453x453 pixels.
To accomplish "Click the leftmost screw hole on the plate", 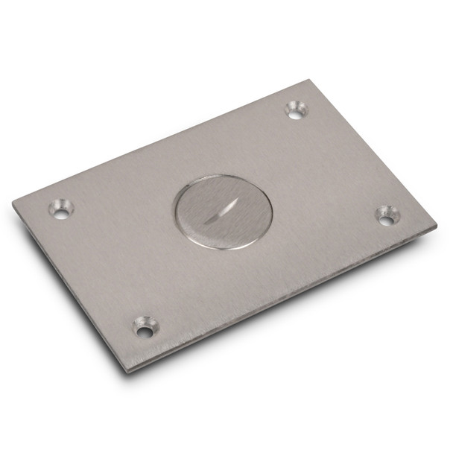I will point(61,209).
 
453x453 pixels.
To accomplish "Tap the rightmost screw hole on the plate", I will point(387,216).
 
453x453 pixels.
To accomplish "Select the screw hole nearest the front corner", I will point(145,326).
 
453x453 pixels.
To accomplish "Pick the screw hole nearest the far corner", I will point(296,110).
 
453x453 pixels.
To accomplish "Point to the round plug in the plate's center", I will point(223,211).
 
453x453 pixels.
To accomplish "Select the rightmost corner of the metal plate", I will point(436,223).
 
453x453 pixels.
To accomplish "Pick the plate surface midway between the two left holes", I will point(103,268).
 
